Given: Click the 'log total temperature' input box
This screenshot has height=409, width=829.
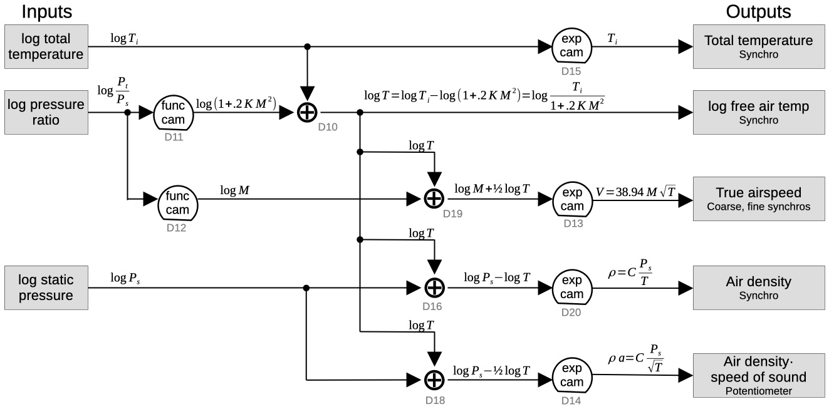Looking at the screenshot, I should tap(46, 47).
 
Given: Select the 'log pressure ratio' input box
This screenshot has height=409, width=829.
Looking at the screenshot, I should tap(46, 112).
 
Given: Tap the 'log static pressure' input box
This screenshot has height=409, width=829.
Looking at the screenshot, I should tap(46, 287).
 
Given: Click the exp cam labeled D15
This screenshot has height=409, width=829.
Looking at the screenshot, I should tap(570, 47).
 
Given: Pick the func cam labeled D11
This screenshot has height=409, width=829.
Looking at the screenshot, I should tap(174, 112).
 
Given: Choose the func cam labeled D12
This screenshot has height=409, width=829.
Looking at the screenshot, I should tap(177, 200).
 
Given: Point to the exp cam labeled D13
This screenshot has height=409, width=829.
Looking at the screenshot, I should tap(570, 200).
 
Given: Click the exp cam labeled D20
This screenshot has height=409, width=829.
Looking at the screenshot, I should tap(570, 287).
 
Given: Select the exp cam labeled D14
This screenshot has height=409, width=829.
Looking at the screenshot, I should tap(570, 376).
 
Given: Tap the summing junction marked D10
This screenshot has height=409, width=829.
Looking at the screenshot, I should tap(306, 113).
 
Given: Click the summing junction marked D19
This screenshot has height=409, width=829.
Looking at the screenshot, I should tap(434, 199).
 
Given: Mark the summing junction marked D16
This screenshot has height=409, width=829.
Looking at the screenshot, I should tap(434, 287).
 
